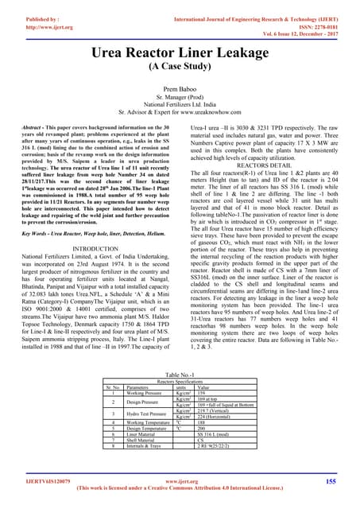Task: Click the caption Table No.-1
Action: click(x=180, y=372)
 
